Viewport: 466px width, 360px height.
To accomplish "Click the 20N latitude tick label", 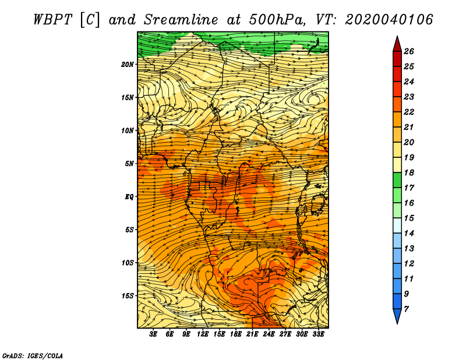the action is [x=128, y=65].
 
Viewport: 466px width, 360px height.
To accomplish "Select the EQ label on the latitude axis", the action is [x=129, y=197].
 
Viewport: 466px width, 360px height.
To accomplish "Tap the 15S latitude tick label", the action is [x=128, y=296].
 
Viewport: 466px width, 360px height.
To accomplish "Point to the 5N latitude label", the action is [x=129, y=164].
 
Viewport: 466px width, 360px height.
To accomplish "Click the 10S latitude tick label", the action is [x=128, y=263].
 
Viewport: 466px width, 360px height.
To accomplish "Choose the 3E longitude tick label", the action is [x=153, y=334].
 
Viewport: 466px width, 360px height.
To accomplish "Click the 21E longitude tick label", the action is [x=252, y=334].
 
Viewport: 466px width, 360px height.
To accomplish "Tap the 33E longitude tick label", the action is [x=318, y=334].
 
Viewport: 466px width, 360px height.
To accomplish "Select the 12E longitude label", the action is [x=202, y=334].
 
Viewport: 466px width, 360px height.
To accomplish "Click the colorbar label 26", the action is [x=409, y=51].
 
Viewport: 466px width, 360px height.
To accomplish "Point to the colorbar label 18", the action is [x=409, y=172].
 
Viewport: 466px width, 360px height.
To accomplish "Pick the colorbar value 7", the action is [x=406, y=309].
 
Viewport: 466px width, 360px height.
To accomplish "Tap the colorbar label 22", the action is [x=409, y=112].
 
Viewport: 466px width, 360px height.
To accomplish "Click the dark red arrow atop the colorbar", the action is [x=397, y=44].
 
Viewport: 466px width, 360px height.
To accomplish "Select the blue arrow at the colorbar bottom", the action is [x=397, y=316].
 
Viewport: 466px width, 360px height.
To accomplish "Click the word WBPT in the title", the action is [x=52, y=20].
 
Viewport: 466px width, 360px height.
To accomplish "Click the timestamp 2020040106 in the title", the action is [x=389, y=20].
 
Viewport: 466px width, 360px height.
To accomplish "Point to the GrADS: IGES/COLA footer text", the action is [x=33, y=356].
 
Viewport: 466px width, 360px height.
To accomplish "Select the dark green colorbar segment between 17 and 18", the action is [x=397, y=180].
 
